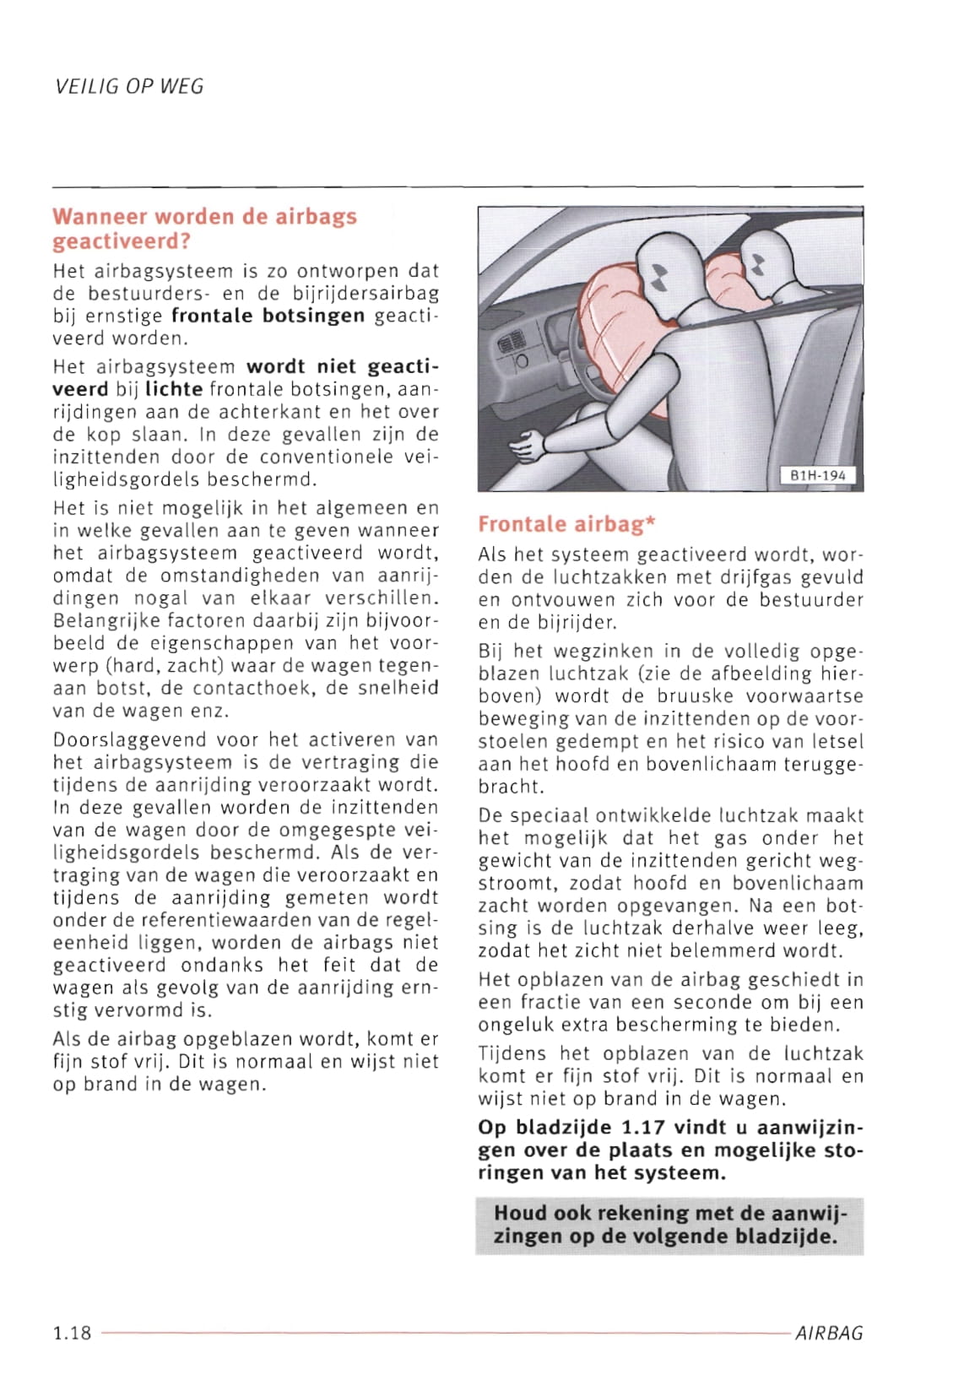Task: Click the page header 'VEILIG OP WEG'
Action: pos(128,86)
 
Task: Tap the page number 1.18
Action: pos(72,1334)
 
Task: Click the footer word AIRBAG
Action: pos(829,1334)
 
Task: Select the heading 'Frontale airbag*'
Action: pos(566,524)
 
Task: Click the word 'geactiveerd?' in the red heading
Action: pos(122,241)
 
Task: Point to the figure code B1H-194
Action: pos(817,476)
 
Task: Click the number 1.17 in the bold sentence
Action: pos(645,1128)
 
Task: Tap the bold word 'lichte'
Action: pos(174,390)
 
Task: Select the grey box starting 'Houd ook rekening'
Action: pos(669,1225)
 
